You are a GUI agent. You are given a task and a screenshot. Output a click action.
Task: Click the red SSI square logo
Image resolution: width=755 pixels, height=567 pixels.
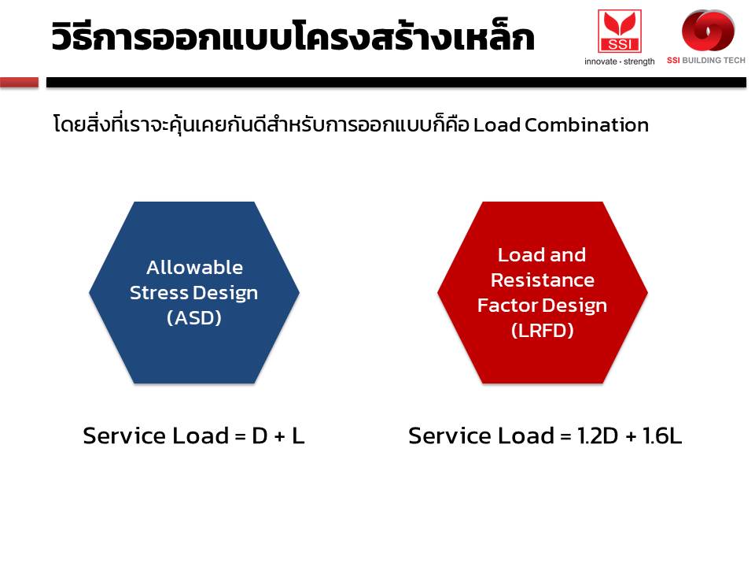(x=619, y=31)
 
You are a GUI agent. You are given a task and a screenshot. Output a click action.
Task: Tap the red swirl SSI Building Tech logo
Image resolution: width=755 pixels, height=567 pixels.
(x=708, y=30)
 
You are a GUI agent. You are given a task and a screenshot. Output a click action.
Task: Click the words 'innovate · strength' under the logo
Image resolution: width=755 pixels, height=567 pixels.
(x=619, y=61)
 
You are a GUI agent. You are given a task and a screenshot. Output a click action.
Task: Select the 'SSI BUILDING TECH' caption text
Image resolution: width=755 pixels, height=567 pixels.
(x=706, y=61)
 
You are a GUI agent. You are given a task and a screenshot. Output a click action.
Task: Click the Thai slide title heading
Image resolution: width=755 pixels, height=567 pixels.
(x=293, y=35)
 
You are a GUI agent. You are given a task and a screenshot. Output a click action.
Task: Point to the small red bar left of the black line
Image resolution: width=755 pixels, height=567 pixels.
(x=19, y=83)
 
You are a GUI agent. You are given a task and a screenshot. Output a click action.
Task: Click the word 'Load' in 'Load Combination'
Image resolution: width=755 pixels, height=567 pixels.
(x=497, y=125)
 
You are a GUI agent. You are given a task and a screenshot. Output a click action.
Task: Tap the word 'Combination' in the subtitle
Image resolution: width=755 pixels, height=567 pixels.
(x=587, y=125)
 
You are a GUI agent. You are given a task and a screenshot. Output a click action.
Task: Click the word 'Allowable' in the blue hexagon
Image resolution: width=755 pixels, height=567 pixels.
(x=194, y=267)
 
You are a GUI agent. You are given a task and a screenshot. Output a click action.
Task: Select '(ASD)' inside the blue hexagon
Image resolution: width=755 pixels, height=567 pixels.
(x=194, y=317)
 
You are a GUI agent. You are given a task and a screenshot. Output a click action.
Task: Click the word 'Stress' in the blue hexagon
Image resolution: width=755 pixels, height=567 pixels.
(x=159, y=293)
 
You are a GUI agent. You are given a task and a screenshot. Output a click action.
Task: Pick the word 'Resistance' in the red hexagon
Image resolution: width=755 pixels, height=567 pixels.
(x=542, y=280)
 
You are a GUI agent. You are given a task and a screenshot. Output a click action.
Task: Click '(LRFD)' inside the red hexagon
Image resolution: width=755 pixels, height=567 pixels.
(x=542, y=331)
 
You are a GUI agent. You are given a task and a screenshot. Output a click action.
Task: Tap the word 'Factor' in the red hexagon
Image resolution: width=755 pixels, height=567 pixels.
(x=507, y=306)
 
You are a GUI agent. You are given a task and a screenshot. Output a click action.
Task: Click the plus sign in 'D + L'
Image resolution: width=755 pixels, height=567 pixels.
(x=279, y=436)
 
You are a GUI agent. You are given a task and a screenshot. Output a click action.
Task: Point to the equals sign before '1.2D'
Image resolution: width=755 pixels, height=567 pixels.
(x=565, y=437)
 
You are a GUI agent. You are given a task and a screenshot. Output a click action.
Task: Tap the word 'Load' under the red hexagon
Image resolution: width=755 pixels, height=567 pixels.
(x=526, y=435)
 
